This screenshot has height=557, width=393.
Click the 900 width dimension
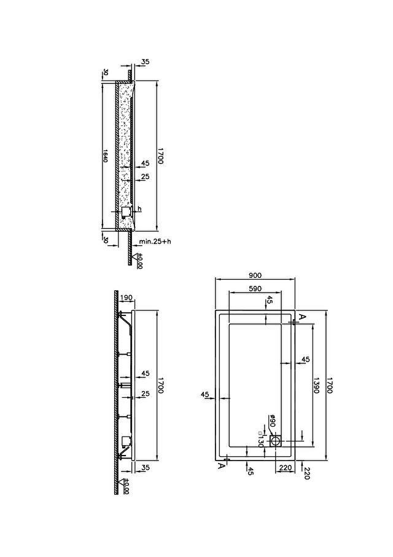click(x=255, y=275)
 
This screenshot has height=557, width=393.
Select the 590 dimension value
click(x=255, y=288)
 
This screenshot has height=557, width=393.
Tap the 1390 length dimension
click(x=317, y=385)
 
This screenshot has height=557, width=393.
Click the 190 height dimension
click(x=126, y=298)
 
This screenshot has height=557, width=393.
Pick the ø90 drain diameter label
click(x=273, y=421)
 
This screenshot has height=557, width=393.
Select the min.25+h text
click(x=155, y=242)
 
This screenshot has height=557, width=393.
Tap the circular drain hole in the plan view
click(x=276, y=441)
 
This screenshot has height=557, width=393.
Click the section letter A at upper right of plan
click(x=301, y=317)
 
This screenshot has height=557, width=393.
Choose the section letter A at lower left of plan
click(x=221, y=466)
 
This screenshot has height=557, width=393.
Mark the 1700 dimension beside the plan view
click(x=329, y=385)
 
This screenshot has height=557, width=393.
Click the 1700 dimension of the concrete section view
click(x=160, y=156)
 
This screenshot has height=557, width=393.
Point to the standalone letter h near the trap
click(x=140, y=208)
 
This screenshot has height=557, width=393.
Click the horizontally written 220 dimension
click(x=285, y=467)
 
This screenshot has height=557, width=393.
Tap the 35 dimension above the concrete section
click(x=146, y=61)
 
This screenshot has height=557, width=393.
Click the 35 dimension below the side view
click(x=146, y=467)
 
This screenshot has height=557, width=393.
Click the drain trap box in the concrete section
click(x=125, y=213)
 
